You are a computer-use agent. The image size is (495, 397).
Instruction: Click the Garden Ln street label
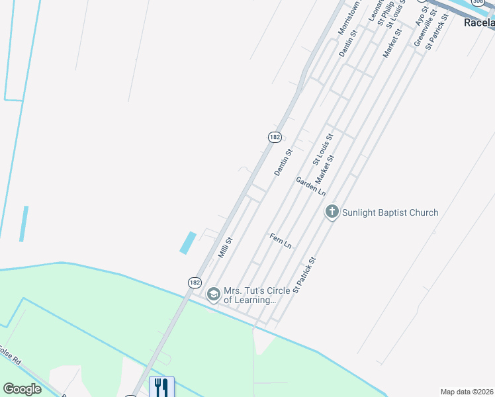click(x=310, y=186)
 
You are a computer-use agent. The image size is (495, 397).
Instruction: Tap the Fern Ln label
click(x=281, y=240)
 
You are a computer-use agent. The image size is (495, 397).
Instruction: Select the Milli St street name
click(x=226, y=247)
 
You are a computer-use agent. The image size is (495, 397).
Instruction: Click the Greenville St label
click(x=422, y=30)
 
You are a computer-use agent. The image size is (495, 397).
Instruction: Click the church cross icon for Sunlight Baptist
click(x=332, y=212)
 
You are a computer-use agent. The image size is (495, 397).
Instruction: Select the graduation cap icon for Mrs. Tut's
click(x=213, y=294)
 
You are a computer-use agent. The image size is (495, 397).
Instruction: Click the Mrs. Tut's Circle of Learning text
click(x=249, y=295)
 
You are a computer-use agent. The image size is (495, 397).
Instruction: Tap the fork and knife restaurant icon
click(x=161, y=386)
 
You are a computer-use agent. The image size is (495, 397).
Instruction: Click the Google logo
click(x=22, y=389)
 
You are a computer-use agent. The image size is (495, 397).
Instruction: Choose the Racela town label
click(x=479, y=22)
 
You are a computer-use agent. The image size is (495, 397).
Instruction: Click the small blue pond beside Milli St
click(x=188, y=242)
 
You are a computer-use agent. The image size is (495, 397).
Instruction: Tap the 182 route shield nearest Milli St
click(x=194, y=283)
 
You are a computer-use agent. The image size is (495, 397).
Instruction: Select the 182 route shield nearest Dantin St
click(x=275, y=137)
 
